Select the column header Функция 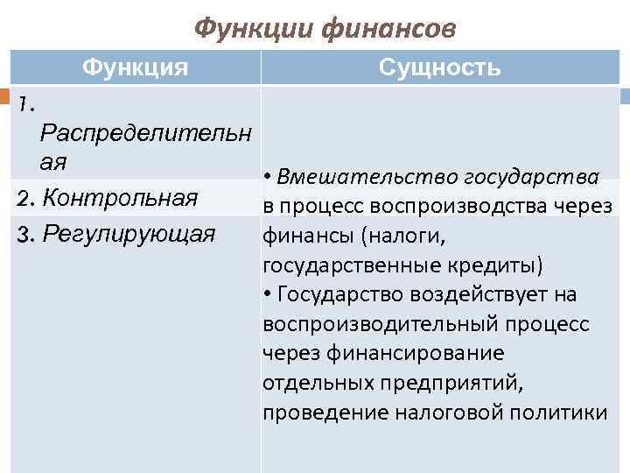135,67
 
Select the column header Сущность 440,67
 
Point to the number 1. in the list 26,104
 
